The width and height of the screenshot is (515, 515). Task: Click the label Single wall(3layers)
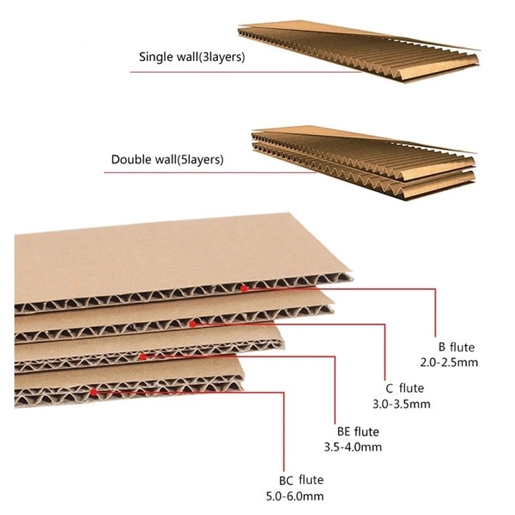[x=192, y=57]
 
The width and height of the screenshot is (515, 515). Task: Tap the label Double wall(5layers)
[x=167, y=160]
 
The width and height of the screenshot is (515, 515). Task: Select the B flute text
[x=456, y=347]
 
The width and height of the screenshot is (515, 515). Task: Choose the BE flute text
[x=357, y=432]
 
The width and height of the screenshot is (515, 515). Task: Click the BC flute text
[x=301, y=480]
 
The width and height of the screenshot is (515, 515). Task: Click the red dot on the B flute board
[x=243, y=289]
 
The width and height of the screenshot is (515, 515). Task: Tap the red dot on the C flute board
[x=193, y=322]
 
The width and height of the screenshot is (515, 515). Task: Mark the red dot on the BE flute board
[x=142, y=357]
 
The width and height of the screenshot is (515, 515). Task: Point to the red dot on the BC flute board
[x=93, y=392]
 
